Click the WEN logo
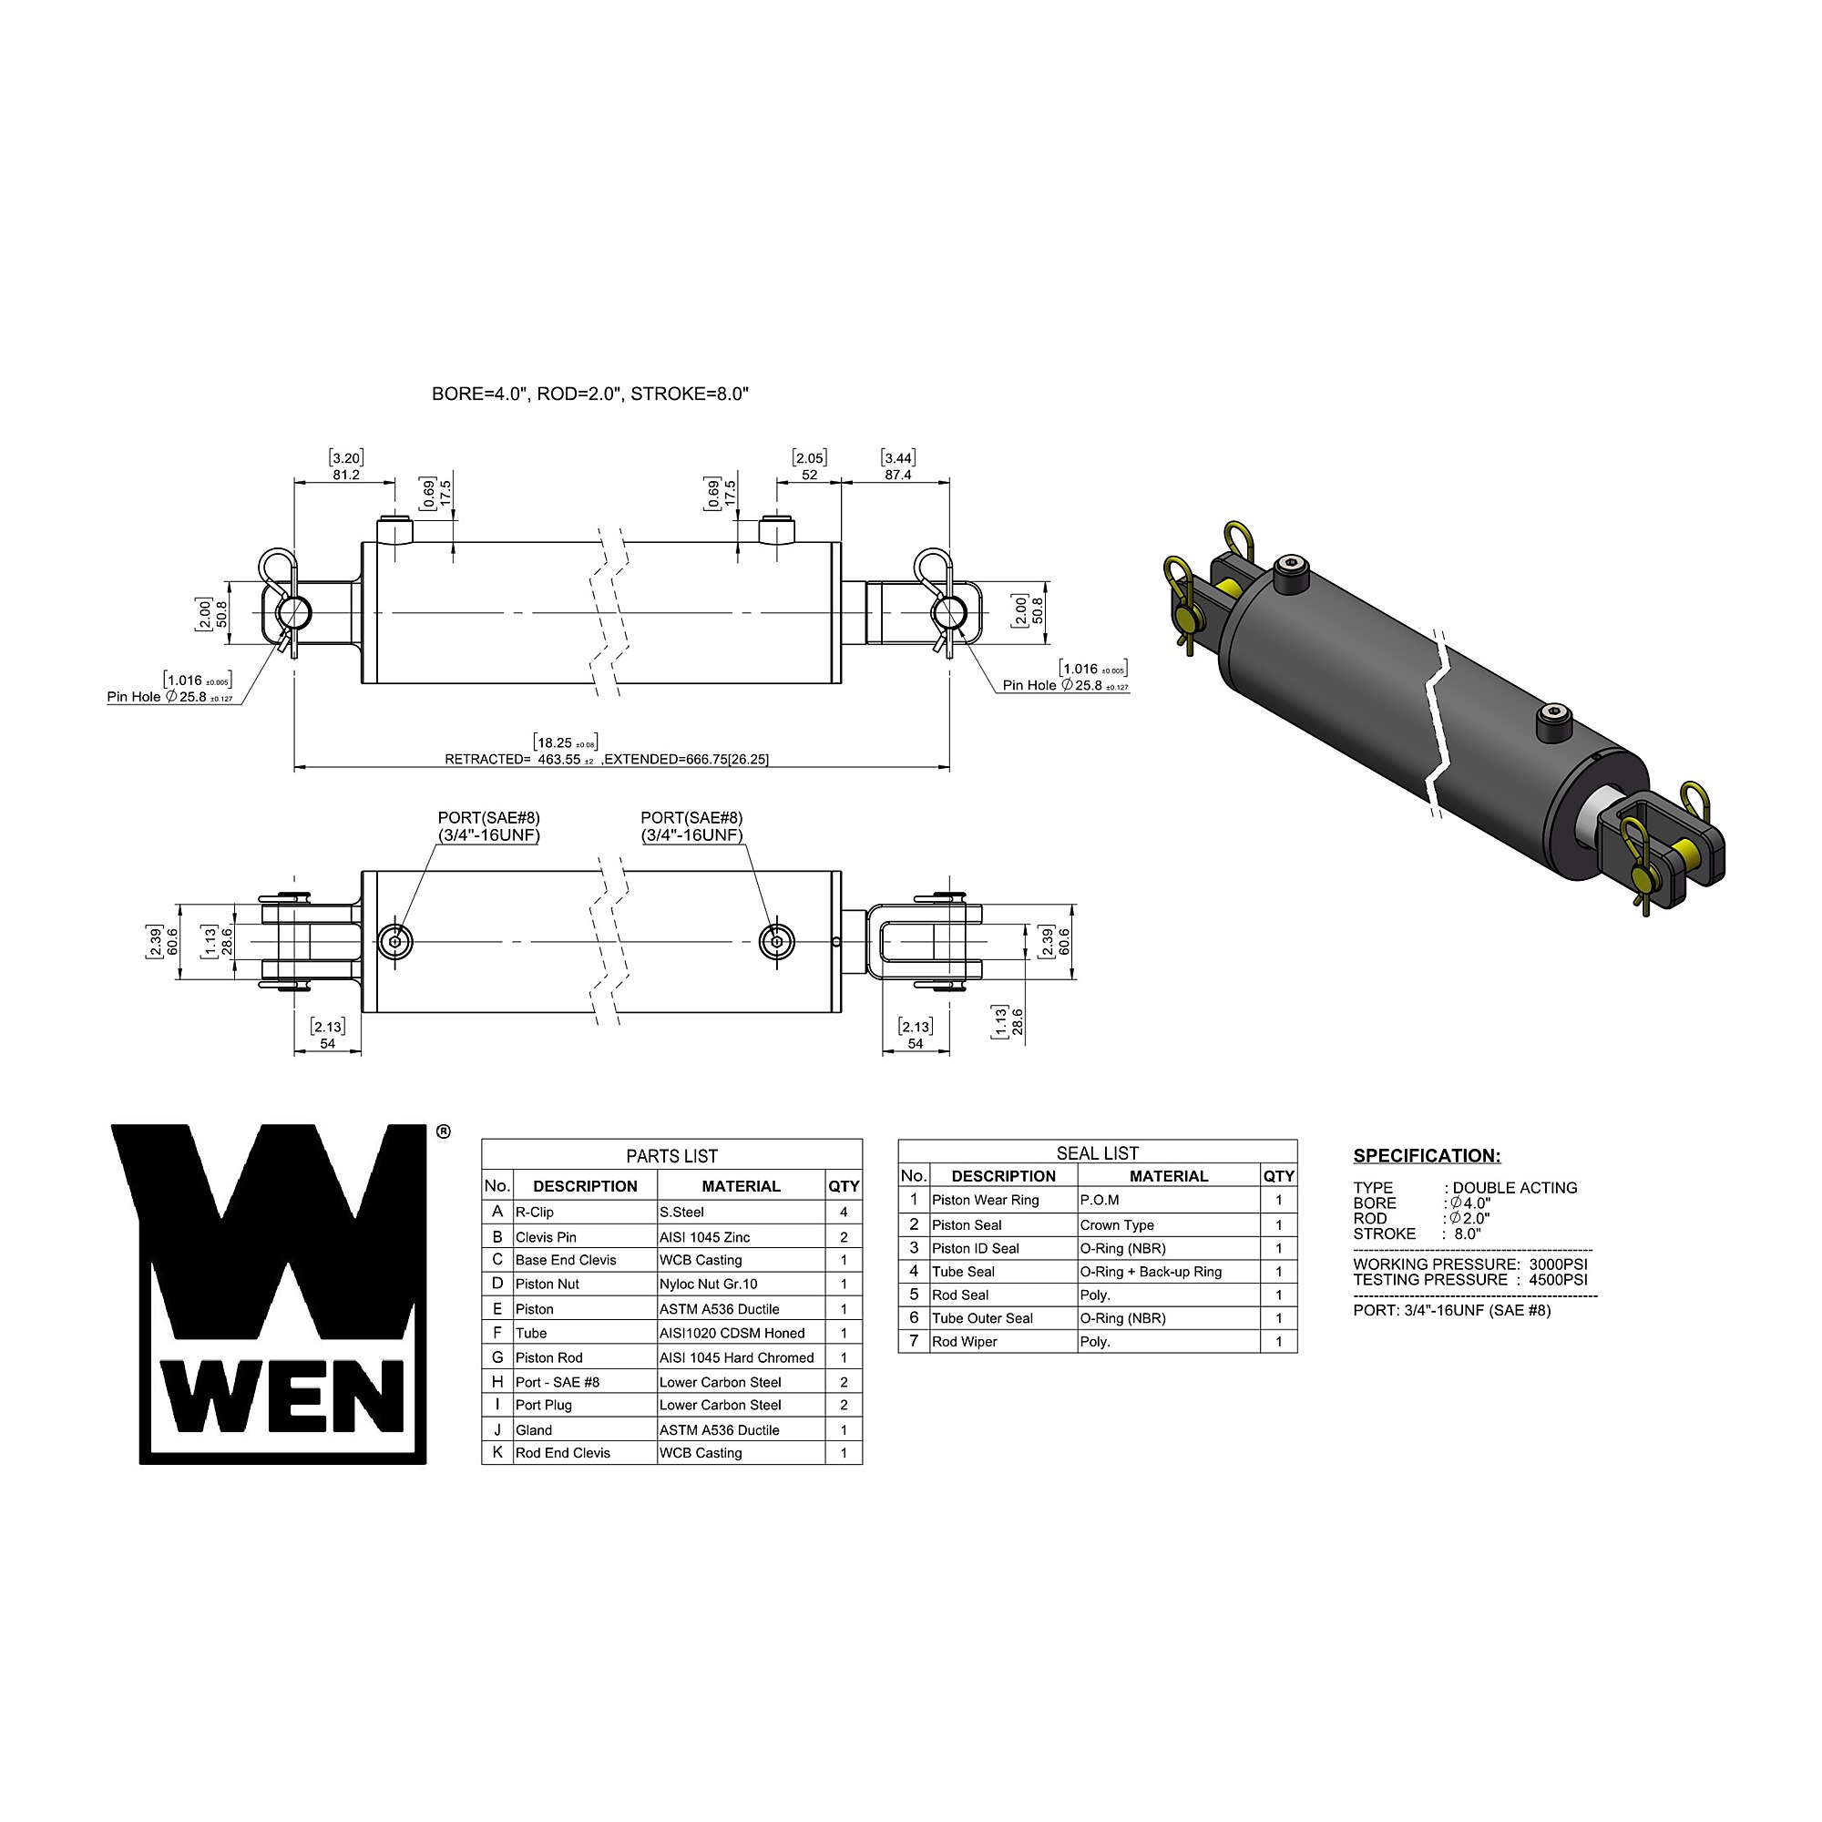tap(269, 1294)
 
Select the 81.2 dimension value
tap(346, 476)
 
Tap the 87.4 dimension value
tap(898, 476)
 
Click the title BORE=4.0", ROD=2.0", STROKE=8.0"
tap(590, 394)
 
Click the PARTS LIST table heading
tap(671, 1156)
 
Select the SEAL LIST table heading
tap(1098, 1153)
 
